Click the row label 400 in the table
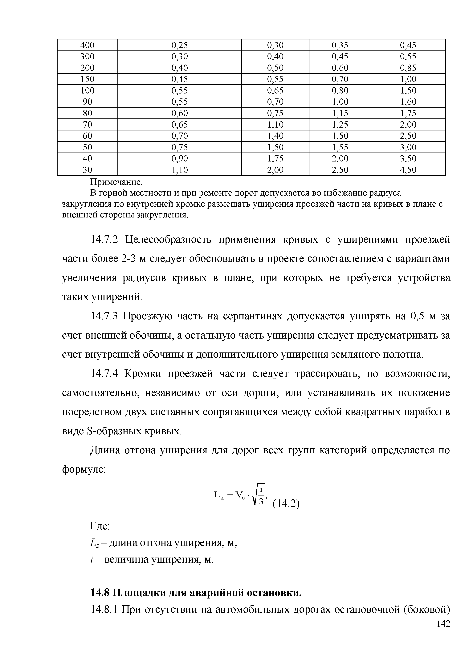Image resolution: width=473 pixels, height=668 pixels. coord(87,45)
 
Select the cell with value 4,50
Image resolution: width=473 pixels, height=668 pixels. coord(408,170)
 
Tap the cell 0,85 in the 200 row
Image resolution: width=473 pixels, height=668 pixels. coord(408,68)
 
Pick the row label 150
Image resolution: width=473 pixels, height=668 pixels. coord(87,79)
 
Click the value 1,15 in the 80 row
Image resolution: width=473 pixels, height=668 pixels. coord(340,113)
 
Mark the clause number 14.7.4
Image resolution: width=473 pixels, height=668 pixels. coord(104,374)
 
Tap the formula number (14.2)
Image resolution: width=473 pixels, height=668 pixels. coord(286,504)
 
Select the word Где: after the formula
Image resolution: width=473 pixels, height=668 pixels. coord(100,526)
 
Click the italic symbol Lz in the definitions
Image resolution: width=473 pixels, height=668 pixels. coord(95,543)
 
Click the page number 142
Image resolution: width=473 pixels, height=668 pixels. coord(443,632)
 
